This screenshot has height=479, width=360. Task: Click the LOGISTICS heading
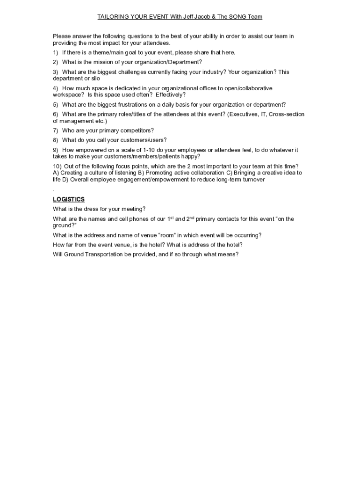click(69, 199)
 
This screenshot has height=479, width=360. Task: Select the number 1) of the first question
click(56, 52)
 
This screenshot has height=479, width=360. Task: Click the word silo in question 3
click(95, 79)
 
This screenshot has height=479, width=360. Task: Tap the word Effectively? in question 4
click(171, 95)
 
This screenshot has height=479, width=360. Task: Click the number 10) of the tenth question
click(57, 167)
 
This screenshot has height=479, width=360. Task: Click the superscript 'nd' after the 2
click(192, 218)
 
